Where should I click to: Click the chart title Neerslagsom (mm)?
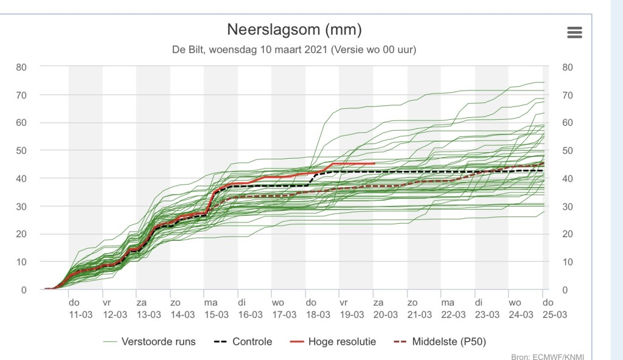click(x=294, y=30)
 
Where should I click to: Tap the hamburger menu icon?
click(x=574, y=33)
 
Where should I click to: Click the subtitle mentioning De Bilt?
click(x=294, y=50)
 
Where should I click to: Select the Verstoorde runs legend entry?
click(x=150, y=342)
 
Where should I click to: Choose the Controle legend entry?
click(x=243, y=342)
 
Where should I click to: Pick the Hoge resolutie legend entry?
click(x=333, y=342)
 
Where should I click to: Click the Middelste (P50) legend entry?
click(x=440, y=342)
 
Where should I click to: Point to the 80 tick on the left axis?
click(x=21, y=67)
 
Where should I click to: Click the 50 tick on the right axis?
click(x=568, y=151)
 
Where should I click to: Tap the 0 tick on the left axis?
click(x=24, y=290)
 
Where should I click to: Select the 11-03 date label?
click(x=81, y=315)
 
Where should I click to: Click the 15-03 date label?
click(x=217, y=315)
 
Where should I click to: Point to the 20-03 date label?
click(x=385, y=315)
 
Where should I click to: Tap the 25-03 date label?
click(x=555, y=315)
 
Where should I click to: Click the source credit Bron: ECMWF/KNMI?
click(x=548, y=357)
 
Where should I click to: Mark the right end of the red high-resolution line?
click(x=374, y=164)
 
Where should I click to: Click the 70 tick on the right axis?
click(x=568, y=95)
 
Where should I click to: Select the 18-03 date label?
click(x=318, y=315)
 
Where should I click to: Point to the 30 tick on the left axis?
click(x=21, y=207)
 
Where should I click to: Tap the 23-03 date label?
click(x=487, y=315)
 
